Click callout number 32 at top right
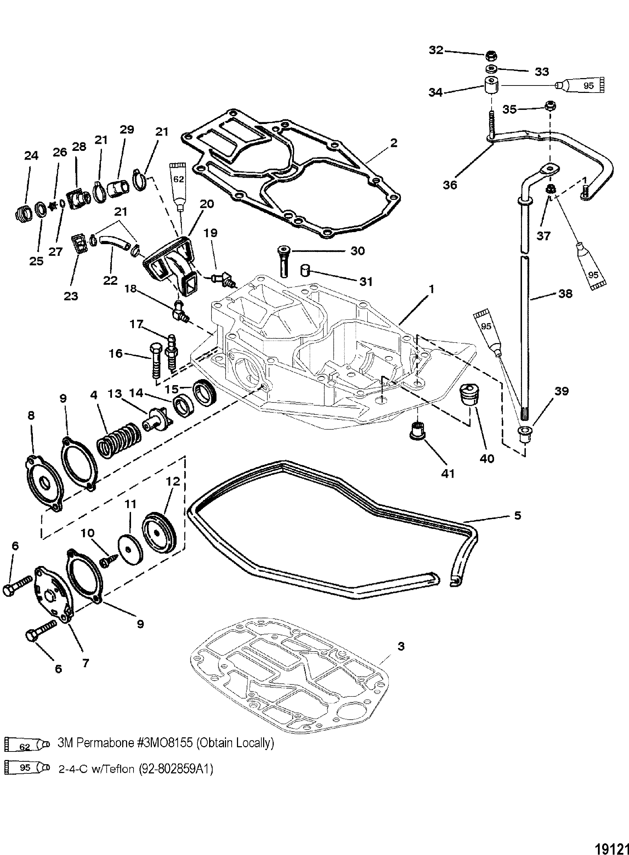pos(436,50)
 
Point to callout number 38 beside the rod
pos(565,293)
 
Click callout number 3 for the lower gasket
pos(400,646)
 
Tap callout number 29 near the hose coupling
pos(127,130)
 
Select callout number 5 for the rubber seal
pos(517,516)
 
